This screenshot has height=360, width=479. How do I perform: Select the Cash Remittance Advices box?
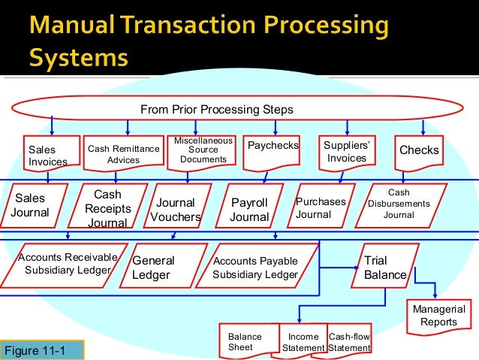124,154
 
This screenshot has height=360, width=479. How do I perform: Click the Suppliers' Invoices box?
347,151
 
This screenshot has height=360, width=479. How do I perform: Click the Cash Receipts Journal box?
107,208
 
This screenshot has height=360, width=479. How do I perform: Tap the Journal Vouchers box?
176,210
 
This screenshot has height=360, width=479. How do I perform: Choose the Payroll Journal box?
249,210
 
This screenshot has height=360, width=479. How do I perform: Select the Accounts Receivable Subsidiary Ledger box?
63,265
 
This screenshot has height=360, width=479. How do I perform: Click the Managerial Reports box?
439,316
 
